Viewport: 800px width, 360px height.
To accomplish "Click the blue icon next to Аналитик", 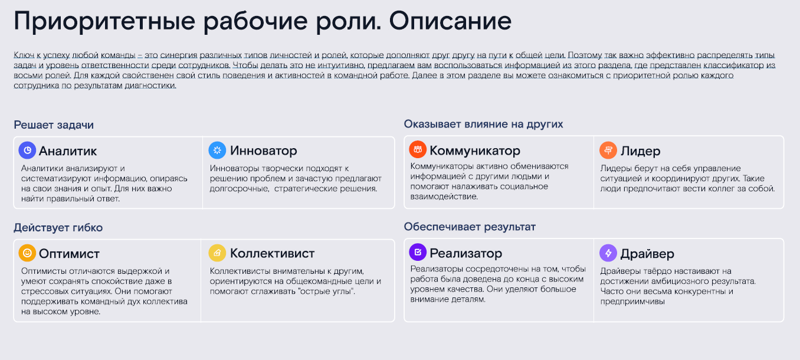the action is pyautogui.click(x=27, y=150).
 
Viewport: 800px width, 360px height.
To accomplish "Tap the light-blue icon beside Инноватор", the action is pyautogui.click(x=217, y=150).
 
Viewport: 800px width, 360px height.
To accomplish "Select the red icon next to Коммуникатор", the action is pyautogui.click(x=418, y=150).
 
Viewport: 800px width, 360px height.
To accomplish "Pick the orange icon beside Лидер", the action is pyautogui.click(x=608, y=150).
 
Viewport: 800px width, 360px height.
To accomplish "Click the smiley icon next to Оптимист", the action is pyautogui.click(x=27, y=253).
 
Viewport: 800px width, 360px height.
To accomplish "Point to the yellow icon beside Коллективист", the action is pyautogui.click(x=217, y=253).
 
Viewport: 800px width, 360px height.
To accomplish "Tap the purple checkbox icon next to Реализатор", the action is pyautogui.click(x=418, y=253).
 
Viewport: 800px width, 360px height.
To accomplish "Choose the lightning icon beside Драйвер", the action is pyautogui.click(x=608, y=253).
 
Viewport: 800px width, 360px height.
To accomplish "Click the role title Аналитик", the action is pyautogui.click(x=68, y=151).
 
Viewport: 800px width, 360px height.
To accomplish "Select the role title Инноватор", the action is pyautogui.click(x=264, y=150).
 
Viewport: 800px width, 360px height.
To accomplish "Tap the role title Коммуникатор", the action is pyautogui.click(x=475, y=150).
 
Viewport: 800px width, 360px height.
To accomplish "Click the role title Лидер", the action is pyautogui.click(x=640, y=151).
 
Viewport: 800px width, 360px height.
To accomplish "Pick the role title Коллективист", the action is pyautogui.click(x=272, y=254).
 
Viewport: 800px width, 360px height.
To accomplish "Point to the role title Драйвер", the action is pyautogui.click(x=647, y=254).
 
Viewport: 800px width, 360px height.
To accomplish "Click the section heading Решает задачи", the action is pyautogui.click(x=54, y=125).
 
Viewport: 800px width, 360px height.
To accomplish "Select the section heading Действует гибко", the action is pyautogui.click(x=58, y=227).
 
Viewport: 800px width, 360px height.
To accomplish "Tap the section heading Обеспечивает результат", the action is pyautogui.click(x=470, y=227).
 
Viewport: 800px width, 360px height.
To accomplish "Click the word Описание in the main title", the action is pyautogui.click(x=450, y=21).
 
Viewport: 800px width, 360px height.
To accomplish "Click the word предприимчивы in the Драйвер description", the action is pyautogui.click(x=632, y=302).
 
